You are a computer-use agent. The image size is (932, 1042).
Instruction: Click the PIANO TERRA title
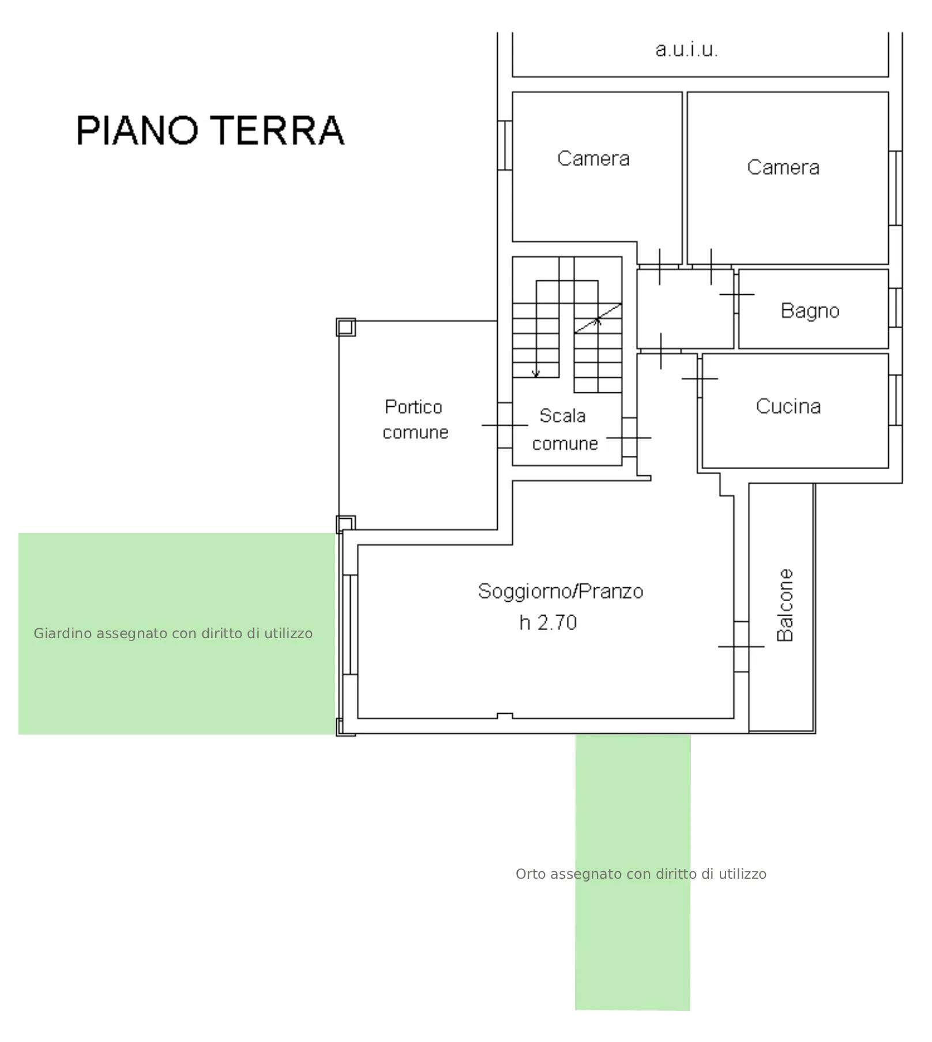[211, 130]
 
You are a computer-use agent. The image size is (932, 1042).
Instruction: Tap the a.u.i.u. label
[687, 50]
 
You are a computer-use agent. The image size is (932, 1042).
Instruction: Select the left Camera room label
[593, 159]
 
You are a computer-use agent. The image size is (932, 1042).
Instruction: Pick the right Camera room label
[783, 167]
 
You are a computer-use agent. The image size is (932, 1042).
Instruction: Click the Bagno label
[810, 311]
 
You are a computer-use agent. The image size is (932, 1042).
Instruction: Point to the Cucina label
[788, 406]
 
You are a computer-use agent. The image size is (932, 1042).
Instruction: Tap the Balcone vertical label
[786, 605]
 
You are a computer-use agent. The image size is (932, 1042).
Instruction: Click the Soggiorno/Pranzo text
[561, 591]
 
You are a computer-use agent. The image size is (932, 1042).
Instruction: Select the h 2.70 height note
[548, 623]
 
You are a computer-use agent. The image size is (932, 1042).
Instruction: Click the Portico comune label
[415, 419]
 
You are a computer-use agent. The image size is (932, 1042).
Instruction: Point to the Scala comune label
[565, 430]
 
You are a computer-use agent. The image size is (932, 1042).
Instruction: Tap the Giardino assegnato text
[173, 634]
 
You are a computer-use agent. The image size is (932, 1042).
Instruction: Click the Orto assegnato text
[641, 874]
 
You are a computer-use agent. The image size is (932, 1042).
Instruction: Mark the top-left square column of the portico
[345, 327]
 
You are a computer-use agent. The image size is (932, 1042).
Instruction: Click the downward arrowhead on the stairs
[536, 374]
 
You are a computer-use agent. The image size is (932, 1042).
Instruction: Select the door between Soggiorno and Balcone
[741, 647]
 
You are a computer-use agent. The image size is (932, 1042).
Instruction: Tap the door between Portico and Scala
[505, 425]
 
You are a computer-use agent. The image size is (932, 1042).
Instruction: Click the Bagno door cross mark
[736, 294]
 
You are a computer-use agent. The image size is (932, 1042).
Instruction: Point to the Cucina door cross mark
[700, 378]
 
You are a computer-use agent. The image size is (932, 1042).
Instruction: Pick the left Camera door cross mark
[659, 267]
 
